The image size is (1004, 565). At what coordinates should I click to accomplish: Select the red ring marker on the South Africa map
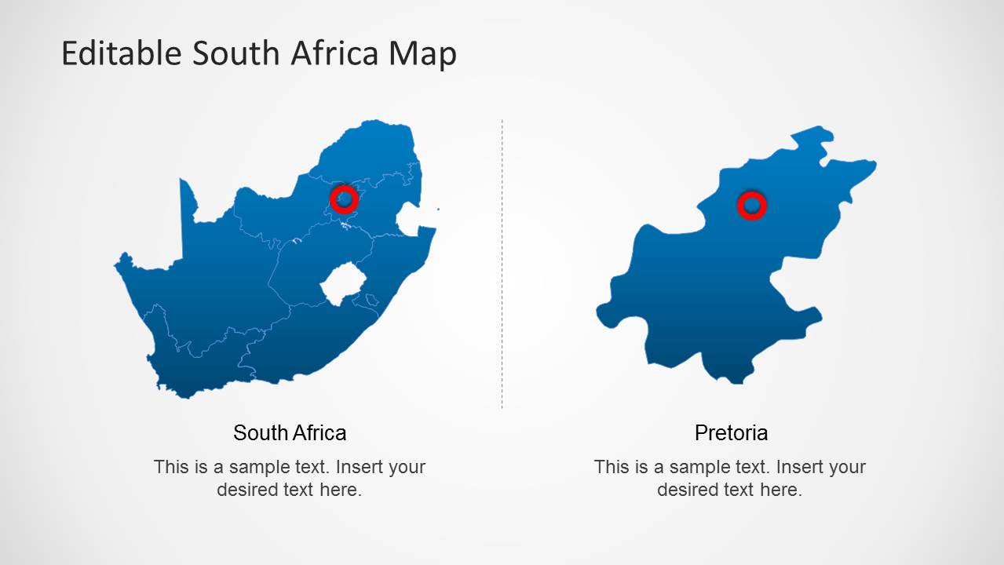click(x=344, y=199)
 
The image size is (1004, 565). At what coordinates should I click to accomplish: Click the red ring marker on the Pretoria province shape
click(x=751, y=206)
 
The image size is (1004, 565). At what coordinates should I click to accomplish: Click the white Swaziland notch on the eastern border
click(x=409, y=220)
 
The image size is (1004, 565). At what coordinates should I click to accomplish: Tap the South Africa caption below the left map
click(x=290, y=432)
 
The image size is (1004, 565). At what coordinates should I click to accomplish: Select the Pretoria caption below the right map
click(x=731, y=432)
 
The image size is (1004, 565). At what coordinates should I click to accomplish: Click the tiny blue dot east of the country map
click(x=438, y=209)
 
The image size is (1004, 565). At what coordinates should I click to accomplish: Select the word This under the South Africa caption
click(x=170, y=467)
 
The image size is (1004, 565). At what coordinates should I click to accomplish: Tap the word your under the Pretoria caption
click(x=847, y=468)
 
